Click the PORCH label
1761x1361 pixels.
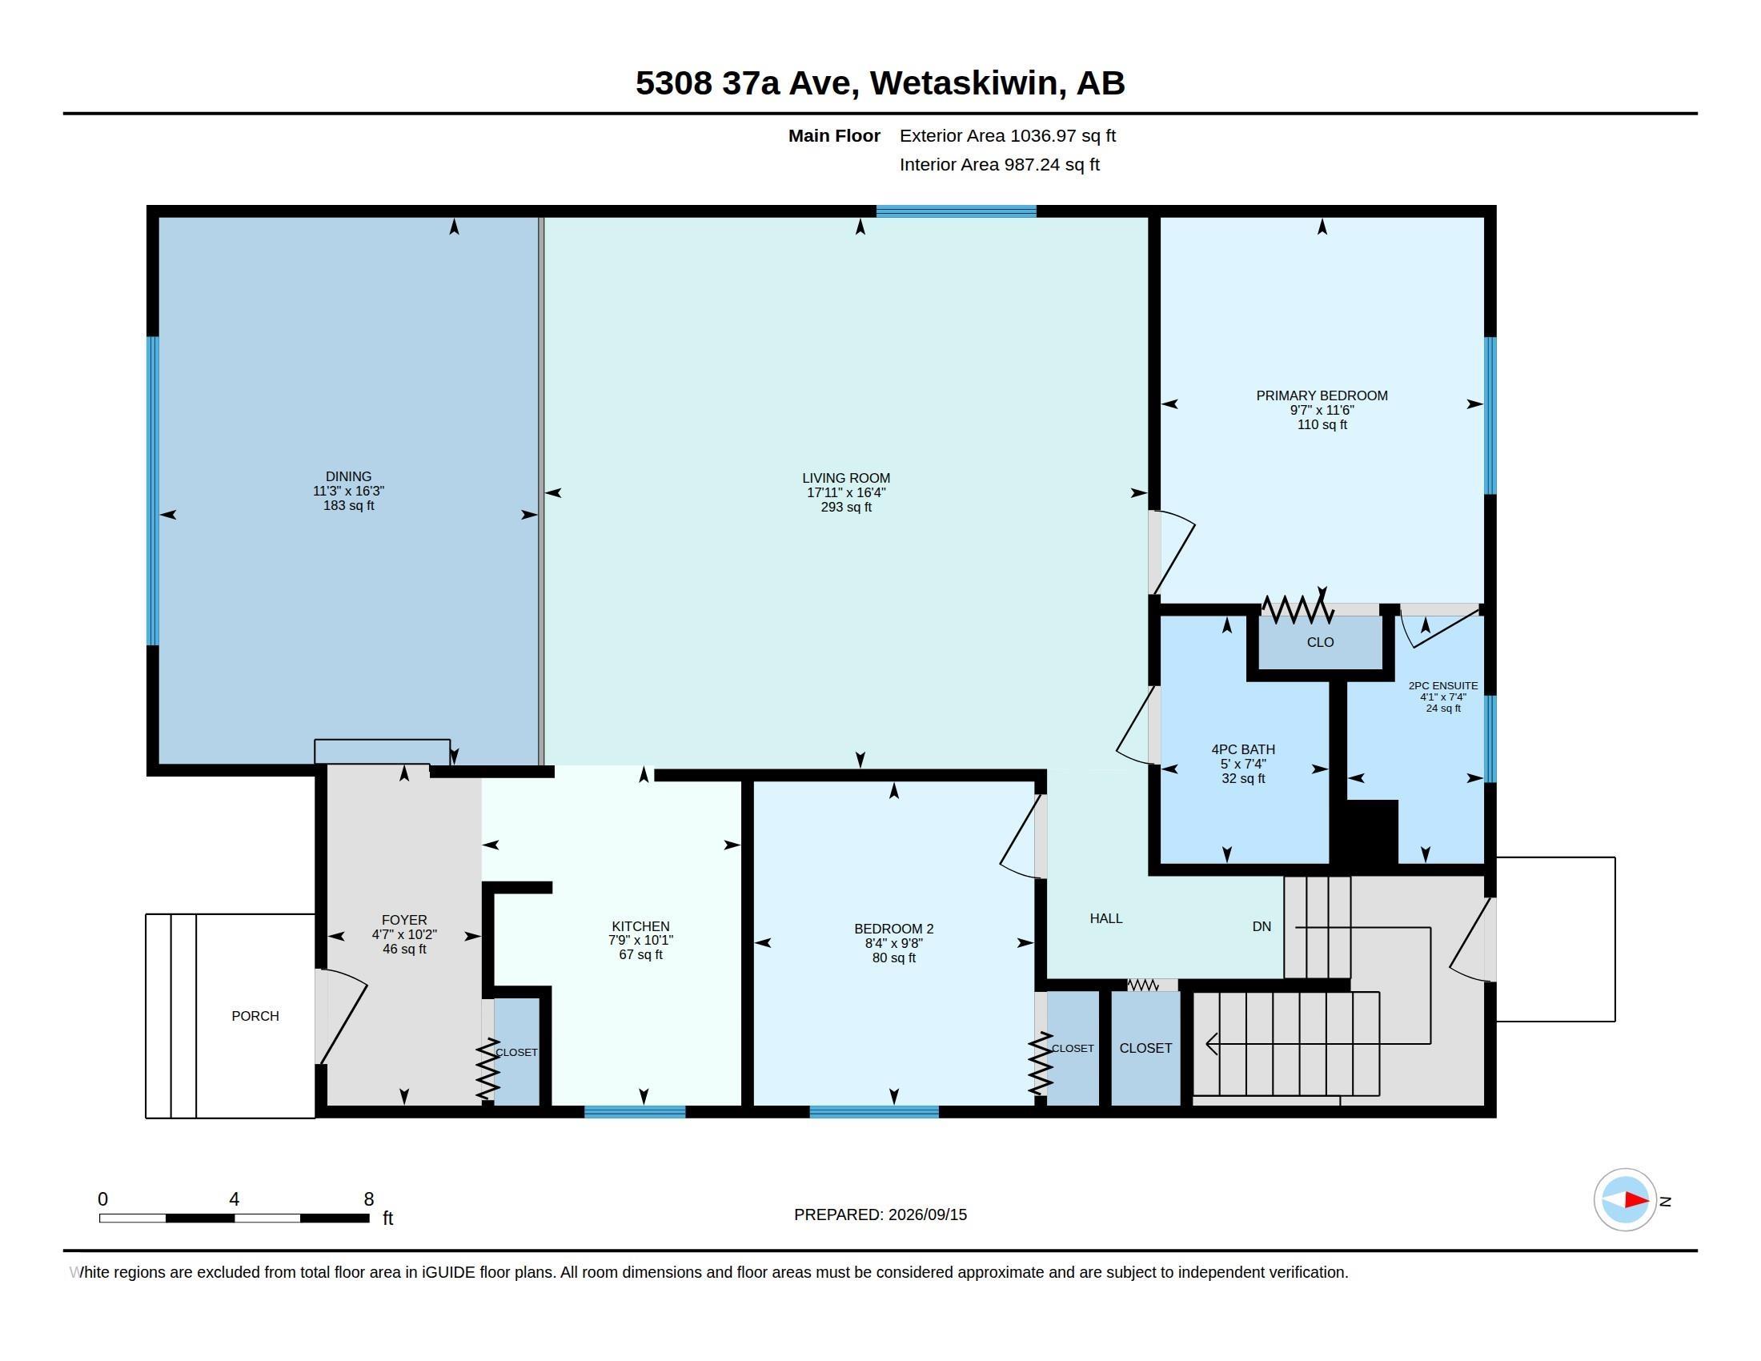pos(255,1016)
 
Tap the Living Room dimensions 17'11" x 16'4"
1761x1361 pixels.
pos(846,492)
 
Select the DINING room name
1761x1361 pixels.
pos(348,476)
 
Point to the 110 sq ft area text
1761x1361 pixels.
pos(1322,425)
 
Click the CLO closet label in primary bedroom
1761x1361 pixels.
pos(1320,642)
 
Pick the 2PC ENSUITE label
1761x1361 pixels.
pos(1442,685)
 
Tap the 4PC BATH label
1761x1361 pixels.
pos(1242,749)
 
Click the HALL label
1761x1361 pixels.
pos(1105,918)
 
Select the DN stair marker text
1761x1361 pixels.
pos(1261,926)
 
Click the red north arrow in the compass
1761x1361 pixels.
pos(1636,1200)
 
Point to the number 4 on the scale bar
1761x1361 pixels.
pos(234,1199)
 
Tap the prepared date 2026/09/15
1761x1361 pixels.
pos(927,1214)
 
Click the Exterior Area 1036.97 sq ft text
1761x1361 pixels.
pos(1007,135)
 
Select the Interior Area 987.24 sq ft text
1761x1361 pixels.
pos(999,164)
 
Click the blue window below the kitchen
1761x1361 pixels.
pos(635,1112)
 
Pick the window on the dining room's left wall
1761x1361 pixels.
pos(152,490)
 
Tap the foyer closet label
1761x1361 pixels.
pos(516,1052)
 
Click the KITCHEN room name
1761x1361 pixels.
pos(640,926)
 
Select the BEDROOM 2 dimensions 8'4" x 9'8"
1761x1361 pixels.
pos(893,943)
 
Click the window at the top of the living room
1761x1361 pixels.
pos(956,211)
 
